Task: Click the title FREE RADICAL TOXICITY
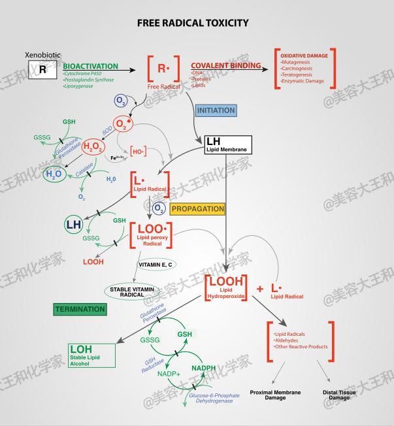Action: pos(193,23)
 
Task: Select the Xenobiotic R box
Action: pos(42,69)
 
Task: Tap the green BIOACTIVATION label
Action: pos(91,67)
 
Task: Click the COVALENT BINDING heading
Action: pos(225,67)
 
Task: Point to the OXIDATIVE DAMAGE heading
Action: pos(304,56)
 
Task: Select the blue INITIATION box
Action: pos(216,110)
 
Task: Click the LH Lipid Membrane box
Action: pos(227,144)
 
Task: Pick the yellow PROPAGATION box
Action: pos(197,209)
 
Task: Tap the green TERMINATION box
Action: pos(80,309)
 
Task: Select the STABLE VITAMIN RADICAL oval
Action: pos(132,291)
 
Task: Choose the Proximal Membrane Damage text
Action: pos(275,395)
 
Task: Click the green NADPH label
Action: pos(203,369)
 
